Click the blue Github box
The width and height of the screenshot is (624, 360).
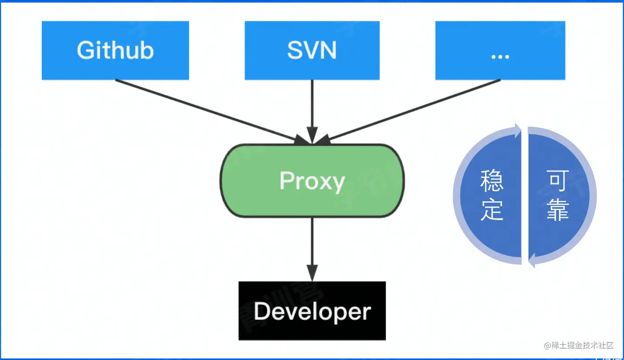tap(115, 51)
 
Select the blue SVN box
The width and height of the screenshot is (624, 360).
tap(312, 51)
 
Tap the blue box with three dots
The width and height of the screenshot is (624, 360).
tap(500, 51)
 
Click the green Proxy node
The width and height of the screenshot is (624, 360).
tap(312, 180)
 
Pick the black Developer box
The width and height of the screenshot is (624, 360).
tap(312, 311)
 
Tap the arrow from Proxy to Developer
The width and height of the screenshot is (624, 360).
tap(312, 248)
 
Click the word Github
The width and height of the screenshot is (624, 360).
tap(115, 51)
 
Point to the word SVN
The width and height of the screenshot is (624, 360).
tap(312, 51)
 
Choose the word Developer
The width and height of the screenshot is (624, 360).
tap(312, 311)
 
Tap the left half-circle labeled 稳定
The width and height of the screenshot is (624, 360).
tap(491, 196)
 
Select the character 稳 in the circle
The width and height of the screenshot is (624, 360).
tap(492, 180)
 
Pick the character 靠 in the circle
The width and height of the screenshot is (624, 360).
tap(558, 210)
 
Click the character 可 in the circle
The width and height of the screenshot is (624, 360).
tap(558, 180)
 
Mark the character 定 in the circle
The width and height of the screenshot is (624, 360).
tap(492, 210)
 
